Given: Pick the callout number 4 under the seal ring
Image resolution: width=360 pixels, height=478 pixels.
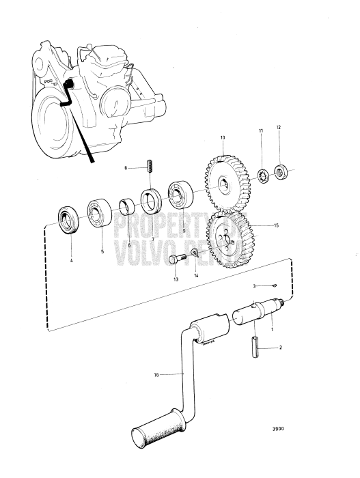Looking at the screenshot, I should (x=71, y=260).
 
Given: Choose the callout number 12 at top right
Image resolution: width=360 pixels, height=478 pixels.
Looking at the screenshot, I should (x=277, y=128).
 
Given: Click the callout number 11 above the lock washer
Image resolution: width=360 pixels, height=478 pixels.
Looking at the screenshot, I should (x=260, y=130).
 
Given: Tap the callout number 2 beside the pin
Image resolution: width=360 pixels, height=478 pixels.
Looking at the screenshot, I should (x=279, y=348).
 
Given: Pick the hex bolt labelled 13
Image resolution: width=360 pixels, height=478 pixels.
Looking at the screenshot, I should (x=174, y=259).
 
